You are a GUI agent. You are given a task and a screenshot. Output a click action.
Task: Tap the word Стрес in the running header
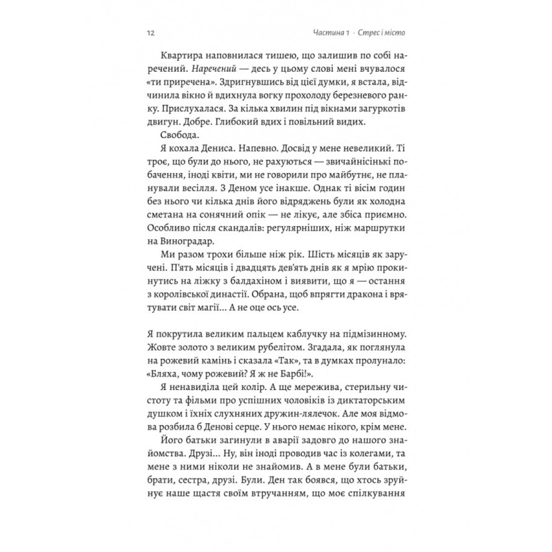pos(369,34)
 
